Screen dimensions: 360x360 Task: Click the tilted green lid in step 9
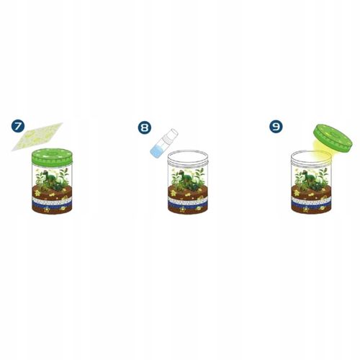click(x=332, y=139)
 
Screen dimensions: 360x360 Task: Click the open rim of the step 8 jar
click(x=189, y=154)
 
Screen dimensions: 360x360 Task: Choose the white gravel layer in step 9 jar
click(x=312, y=201)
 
